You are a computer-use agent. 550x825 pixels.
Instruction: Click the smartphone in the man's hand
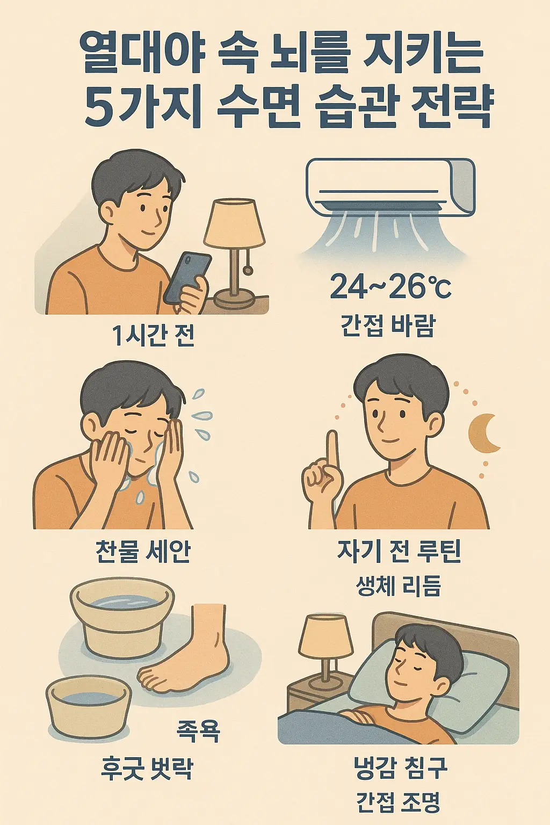(186, 277)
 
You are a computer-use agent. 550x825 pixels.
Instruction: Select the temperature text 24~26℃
(390, 287)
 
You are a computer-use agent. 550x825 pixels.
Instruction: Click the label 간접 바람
(388, 325)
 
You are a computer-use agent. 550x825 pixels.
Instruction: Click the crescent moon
(483, 433)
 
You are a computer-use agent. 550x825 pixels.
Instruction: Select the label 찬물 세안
(143, 551)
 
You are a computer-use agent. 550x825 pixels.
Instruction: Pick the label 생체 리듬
(399, 585)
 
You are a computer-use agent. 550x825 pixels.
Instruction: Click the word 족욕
(198, 730)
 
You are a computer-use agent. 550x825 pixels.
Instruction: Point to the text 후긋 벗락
(146, 768)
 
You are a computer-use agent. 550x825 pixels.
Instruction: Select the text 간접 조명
(398, 802)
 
